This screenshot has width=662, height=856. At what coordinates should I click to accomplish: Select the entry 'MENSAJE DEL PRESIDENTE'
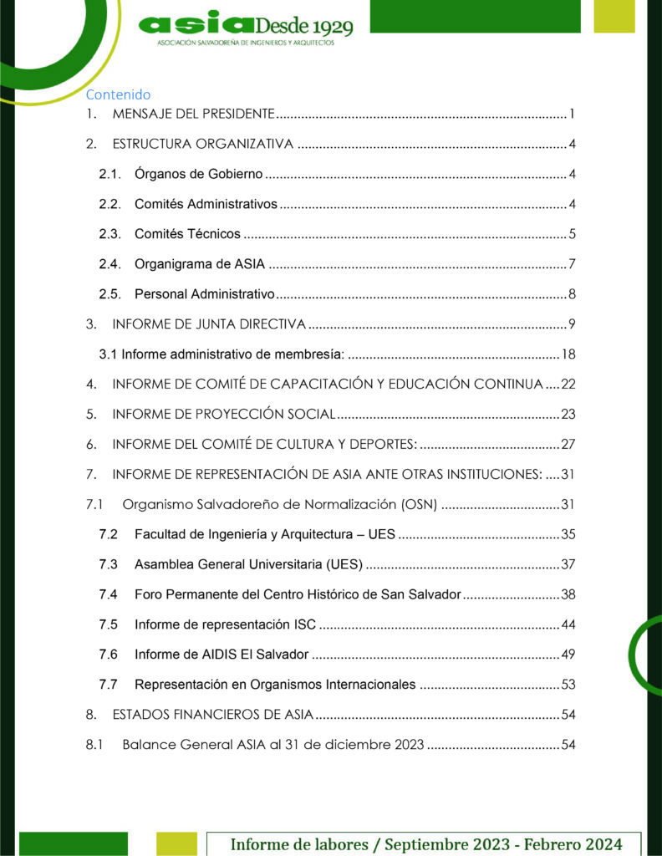[x=194, y=114]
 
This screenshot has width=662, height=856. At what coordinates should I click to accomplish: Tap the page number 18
[x=568, y=354]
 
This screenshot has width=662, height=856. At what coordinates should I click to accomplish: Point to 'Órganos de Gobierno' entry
[x=199, y=174]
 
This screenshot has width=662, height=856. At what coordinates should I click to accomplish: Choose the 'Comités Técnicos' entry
[x=187, y=234]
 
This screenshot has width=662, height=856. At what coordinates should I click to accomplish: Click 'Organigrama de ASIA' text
[x=200, y=264]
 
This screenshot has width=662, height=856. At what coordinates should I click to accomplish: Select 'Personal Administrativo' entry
[x=205, y=293]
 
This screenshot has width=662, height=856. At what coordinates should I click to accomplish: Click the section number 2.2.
[x=109, y=204]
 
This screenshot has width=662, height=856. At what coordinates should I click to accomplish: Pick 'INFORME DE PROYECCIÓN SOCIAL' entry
[x=224, y=414]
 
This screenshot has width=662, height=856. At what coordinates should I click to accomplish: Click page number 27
[x=568, y=444]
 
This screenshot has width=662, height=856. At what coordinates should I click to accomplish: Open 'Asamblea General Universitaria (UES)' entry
[x=248, y=564]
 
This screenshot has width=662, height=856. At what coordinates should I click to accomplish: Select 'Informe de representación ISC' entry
[x=225, y=624]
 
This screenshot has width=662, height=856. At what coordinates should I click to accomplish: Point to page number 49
[x=568, y=655]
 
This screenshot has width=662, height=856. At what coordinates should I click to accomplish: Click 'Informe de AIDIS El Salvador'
[x=222, y=655]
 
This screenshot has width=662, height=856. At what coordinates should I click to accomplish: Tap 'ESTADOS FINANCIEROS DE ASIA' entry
[x=212, y=715]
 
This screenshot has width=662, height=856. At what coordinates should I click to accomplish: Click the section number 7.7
[x=108, y=685]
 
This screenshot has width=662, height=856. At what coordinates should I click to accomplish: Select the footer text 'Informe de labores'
[x=299, y=844]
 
